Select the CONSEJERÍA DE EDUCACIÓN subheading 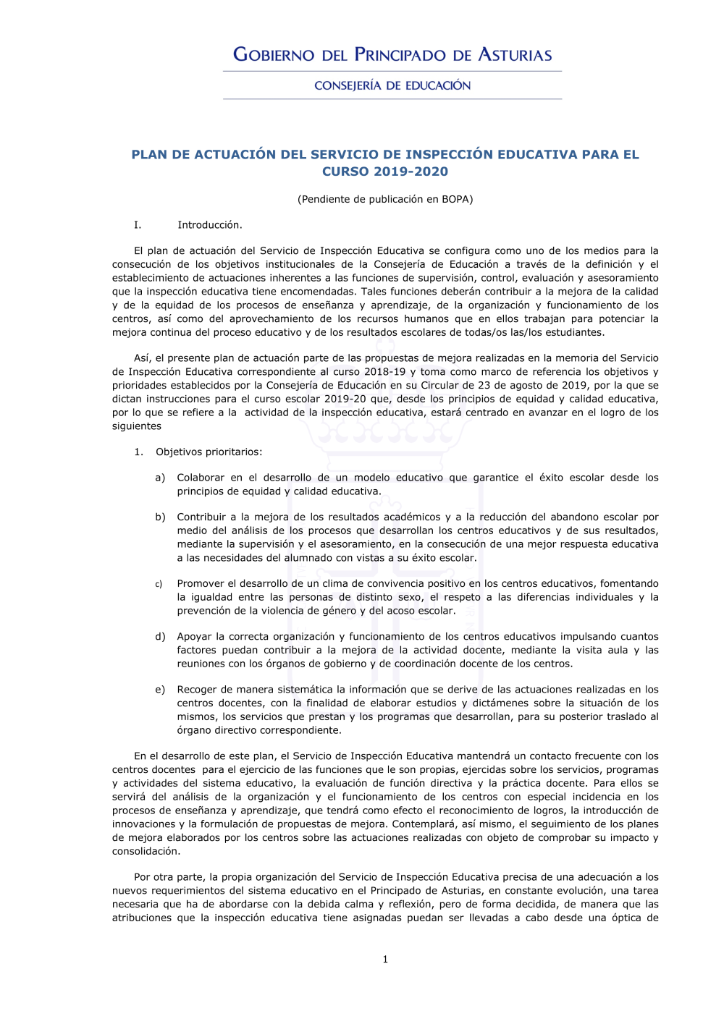coord(392,85)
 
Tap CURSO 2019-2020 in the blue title coord(385,172)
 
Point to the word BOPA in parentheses coord(455,199)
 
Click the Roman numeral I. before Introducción coord(138,225)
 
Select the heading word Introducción coord(210,225)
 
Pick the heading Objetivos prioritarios coord(209,452)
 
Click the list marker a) coord(160,478)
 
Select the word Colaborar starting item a coord(201,478)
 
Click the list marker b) coord(160,517)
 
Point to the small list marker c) coord(159,584)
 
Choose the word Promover coord(201,584)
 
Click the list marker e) coord(160,690)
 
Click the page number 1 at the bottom coord(385,960)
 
